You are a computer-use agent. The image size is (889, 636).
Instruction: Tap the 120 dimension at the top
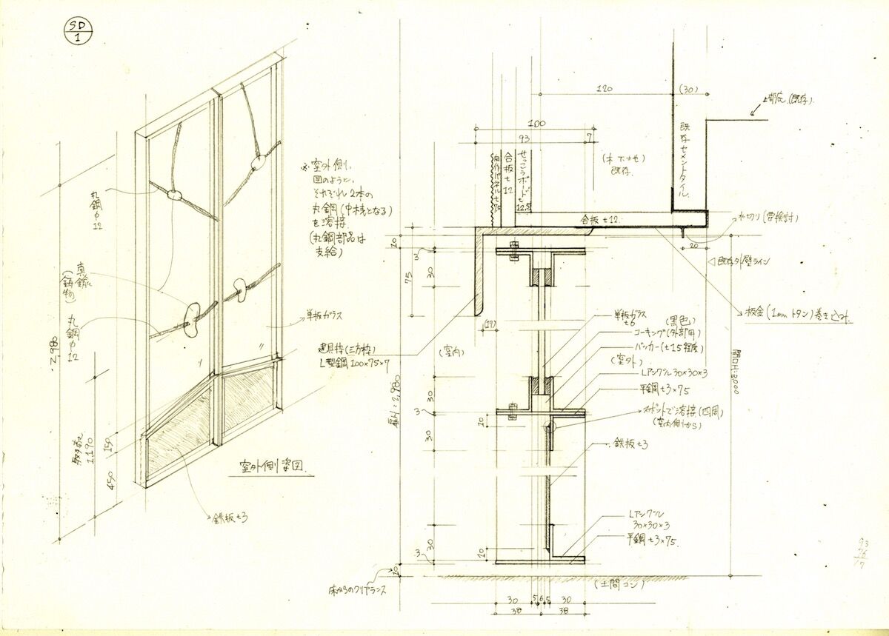coord(607,89)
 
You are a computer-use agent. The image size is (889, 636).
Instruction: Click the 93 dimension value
coord(524,138)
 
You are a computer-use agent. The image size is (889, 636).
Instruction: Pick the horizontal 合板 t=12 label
coord(601,219)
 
